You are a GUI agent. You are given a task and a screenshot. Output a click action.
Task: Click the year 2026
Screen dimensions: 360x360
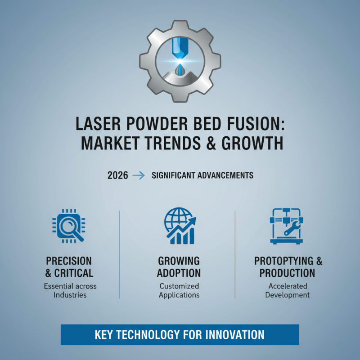118,175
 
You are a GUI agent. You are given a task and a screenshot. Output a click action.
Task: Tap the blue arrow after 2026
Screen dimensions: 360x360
140,175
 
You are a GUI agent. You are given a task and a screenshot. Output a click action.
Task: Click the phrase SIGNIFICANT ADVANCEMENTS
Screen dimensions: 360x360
202,175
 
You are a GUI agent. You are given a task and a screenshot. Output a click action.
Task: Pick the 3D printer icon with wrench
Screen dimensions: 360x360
286,225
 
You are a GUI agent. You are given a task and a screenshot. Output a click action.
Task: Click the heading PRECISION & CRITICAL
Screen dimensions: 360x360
69,267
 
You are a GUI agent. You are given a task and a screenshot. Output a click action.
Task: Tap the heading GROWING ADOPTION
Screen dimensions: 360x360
179,267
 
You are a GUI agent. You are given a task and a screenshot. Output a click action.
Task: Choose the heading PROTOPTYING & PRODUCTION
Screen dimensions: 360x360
288,267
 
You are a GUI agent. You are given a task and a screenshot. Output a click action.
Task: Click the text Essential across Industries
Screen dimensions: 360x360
70,291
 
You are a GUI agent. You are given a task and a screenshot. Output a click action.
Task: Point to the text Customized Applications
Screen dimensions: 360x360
179,291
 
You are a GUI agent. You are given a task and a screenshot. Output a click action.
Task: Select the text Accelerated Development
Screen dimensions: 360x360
288,291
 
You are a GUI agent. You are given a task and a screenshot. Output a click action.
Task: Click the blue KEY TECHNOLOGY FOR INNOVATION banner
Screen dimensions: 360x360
180,335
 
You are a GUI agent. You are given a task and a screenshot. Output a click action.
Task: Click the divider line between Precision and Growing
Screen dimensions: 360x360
119,254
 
